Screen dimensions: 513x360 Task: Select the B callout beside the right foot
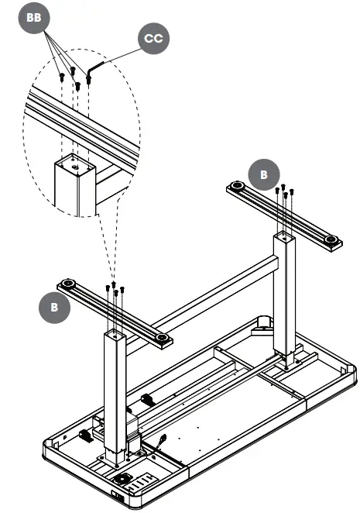pos(264,174)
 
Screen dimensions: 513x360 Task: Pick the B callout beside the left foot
pos(54,306)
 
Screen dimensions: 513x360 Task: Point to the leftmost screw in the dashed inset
pos(61,77)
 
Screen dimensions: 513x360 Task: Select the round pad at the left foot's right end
pos(161,339)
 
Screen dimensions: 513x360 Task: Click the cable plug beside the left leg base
pos(164,441)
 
